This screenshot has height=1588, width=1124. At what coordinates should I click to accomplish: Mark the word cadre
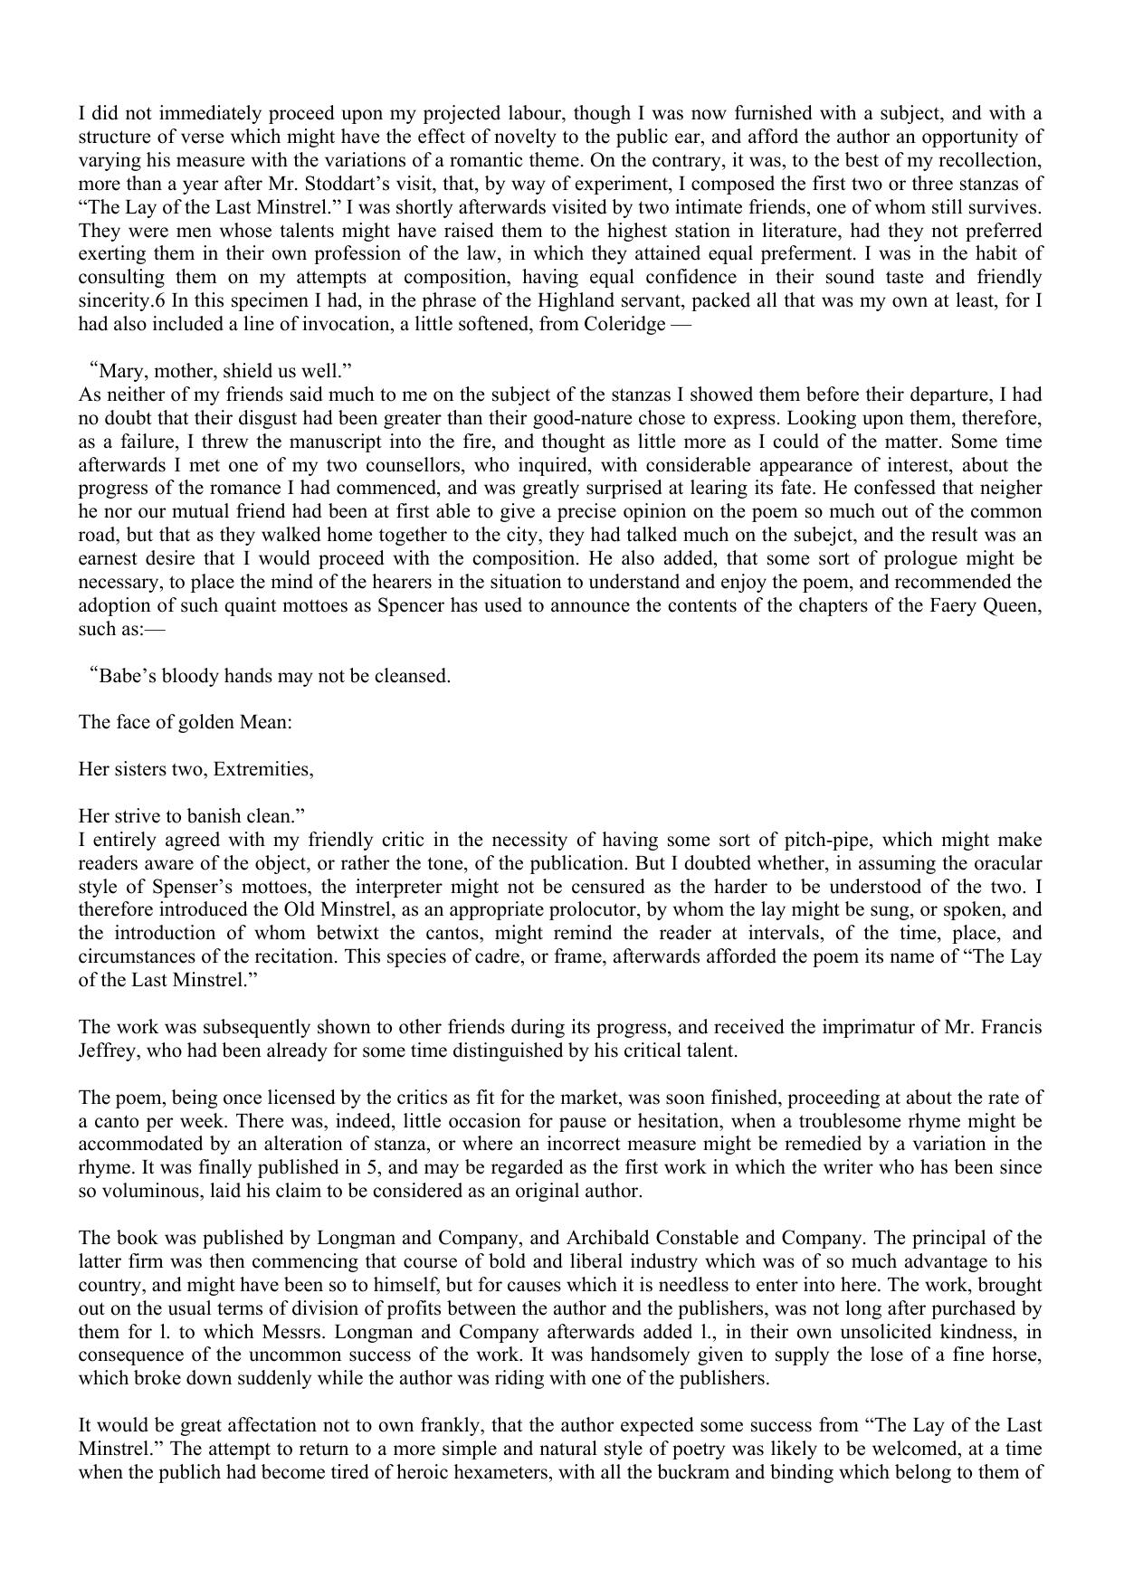pos(483,957)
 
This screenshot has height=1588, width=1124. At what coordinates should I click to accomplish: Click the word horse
pos(1018,1355)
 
